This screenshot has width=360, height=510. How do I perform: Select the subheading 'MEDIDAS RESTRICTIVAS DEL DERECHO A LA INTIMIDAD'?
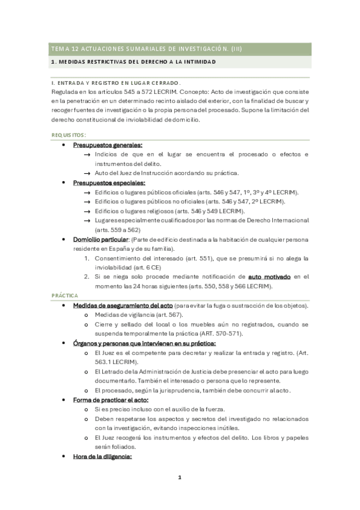click(134, 63)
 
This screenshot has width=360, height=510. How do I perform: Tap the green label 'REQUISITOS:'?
click(69, 135)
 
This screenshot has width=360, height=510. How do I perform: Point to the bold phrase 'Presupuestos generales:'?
click(108, 146)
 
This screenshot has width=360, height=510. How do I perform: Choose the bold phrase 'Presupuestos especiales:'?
click(109, 183)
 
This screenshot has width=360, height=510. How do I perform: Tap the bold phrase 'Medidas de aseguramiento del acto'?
click(122, 306)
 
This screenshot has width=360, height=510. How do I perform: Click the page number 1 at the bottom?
click(179, 478)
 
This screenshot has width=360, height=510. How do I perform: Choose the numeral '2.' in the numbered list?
click(87, 277)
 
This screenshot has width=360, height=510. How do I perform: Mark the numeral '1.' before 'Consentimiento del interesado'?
click(87, 258)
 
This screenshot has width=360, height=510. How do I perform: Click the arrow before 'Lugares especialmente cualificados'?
click(88, 221)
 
